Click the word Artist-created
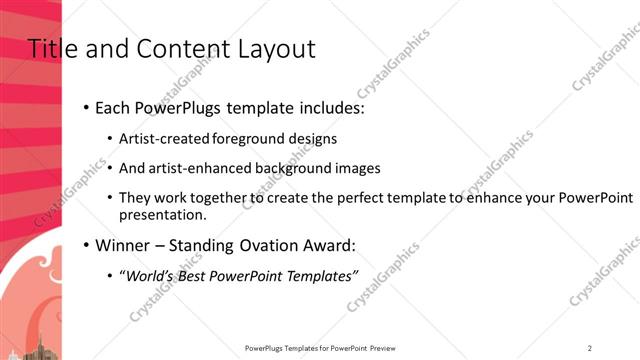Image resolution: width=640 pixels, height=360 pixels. coord(160,139)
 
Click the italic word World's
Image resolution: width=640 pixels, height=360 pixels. coord(151,276)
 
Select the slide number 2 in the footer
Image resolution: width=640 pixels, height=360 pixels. coord(590,348)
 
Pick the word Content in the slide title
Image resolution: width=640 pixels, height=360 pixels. coord(174,48)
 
